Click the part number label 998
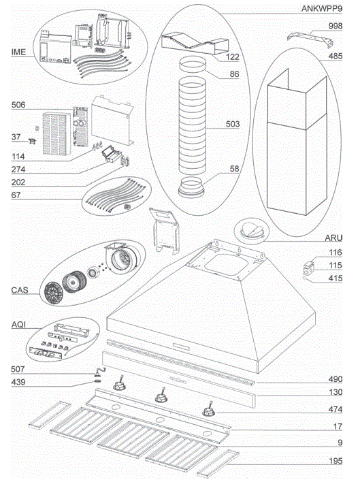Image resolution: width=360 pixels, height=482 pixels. (x=335, y=25)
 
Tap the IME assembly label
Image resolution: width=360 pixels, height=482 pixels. (x=19, y=52)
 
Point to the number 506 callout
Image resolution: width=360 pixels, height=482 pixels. (x=18, y=106)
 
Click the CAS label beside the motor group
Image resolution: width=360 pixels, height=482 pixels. (x=20, y=290)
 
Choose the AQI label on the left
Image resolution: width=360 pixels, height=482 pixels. (x=19, y=325)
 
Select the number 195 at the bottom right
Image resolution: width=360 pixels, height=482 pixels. (x=334, y=462)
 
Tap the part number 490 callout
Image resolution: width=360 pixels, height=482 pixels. (x=334, y=379)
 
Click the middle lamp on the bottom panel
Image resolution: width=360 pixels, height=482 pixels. (x=162, y=394)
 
